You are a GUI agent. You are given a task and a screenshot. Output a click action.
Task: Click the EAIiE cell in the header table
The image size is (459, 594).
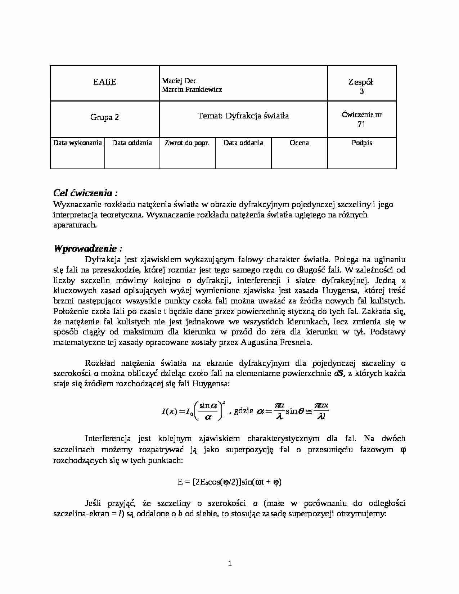[x=104, y=82]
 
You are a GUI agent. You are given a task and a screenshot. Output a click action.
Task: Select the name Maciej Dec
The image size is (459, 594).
[x=179, y=81]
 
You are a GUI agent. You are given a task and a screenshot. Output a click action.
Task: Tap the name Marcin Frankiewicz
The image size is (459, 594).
[x=192, y=90]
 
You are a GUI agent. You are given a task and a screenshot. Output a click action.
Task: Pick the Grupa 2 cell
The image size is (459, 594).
[x=104, y=117]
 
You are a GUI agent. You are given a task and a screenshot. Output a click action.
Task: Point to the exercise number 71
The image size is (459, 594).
[x=361, y=125]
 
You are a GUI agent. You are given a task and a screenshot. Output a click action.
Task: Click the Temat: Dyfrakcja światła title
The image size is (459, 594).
[x=243, y=116]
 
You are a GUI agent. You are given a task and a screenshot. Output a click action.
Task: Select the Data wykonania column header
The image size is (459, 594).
[x=77, y=143]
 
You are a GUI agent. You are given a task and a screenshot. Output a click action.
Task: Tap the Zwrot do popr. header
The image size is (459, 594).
[x=187, y=143]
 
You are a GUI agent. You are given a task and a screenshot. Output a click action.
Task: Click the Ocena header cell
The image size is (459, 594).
[x=299, y=143]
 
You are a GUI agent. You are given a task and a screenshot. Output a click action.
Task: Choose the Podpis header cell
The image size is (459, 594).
[x=361, y=143]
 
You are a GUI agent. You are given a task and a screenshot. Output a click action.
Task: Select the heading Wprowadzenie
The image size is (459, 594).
[x=88, y=248]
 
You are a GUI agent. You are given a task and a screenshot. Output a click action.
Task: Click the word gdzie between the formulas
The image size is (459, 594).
[x=243, y=410]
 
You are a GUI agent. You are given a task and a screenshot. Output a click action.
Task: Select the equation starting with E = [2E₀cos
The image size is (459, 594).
[x=229, y=482]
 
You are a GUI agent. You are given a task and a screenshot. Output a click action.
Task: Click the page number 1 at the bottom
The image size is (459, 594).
[x=230, y=563]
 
